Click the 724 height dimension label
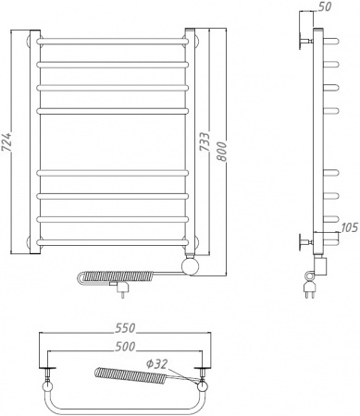[x=7, y=142]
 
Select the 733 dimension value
[x=205, y=142]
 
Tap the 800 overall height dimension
[x=221, y=152]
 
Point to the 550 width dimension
[x=125, y=328]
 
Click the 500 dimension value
[x=125, y=347]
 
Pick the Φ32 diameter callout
[x=156, y=364]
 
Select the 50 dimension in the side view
[x=324, y=6]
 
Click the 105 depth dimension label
[x=349, y=227]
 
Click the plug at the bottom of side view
[x=309, y=288]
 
